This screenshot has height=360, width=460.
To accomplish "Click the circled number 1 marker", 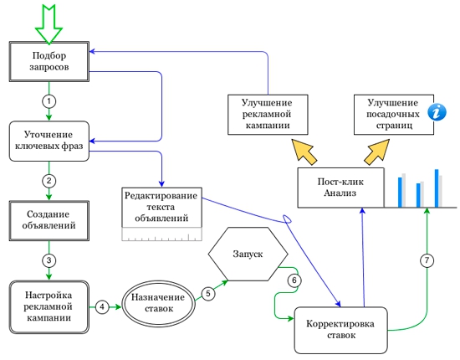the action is pos(49,101).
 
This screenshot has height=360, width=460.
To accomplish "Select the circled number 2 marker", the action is pos(49,181).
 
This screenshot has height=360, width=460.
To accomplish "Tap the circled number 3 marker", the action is pos(49,260).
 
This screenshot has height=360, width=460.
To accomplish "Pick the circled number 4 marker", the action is pos(102,307).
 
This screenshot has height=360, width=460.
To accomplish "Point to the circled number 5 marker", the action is pos(208,293).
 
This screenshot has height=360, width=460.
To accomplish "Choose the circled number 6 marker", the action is pos(294,280).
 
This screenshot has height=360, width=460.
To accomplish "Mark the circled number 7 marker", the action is pos(427,260).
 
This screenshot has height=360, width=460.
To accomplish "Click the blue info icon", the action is pos(437,112).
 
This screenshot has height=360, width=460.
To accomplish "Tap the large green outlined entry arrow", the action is pos(49,25).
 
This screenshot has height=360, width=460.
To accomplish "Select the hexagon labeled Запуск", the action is pos(248,254).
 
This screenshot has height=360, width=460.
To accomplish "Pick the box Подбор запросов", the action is pos(49,61).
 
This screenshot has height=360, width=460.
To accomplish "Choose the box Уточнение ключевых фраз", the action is pos(49,141).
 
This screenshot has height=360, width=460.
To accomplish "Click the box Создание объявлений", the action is pos(49,221).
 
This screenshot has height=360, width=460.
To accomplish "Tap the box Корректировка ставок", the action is pos(341,331).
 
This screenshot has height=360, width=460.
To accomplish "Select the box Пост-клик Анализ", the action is pos(341,188).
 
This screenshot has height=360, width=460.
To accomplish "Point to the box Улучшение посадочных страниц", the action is pos(394,115).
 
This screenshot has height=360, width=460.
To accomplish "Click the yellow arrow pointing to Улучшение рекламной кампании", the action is pos(304,152).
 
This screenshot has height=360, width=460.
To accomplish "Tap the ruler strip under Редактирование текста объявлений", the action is pos(162,234).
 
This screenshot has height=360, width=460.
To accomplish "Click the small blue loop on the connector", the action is pos(287,219).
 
